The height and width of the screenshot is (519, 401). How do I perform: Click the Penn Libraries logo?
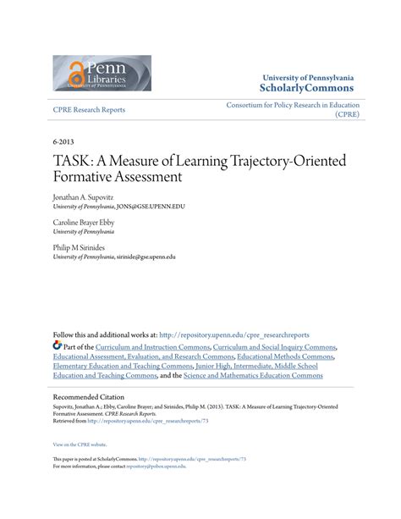[102, 73]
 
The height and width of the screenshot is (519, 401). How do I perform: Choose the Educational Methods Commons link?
[285, 356]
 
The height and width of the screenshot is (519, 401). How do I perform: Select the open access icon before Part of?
[58, 345]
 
